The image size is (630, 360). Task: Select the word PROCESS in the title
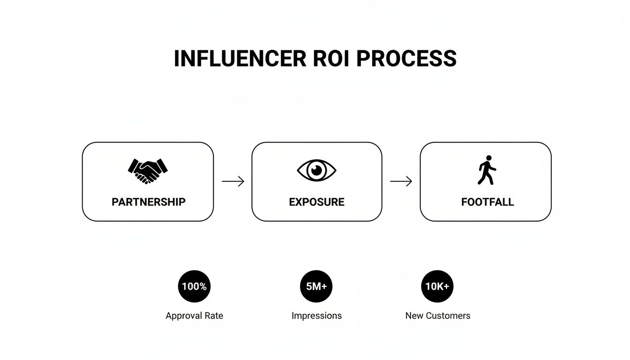[x=406, y=59]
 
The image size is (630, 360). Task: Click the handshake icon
[x=148, y=171]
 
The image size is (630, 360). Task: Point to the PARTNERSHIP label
[x=148, y=202]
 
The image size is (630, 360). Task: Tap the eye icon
[x=317, y=170]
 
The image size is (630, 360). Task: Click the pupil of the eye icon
[x=317, y=170]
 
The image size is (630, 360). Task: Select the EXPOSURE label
[x=316, y=202]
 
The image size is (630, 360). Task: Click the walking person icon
[x=487, y=170]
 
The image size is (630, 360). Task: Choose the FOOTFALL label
[x=487, y=202]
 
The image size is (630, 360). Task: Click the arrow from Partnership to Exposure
[x=233, y=181]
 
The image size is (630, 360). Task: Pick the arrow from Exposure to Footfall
[x=401, y=181]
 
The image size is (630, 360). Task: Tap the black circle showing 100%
[x=194, y=286]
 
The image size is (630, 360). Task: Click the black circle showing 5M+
[x=316, y=286]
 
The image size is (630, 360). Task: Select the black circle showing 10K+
[x=437, y=286]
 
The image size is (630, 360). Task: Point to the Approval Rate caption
[x=194, y=315]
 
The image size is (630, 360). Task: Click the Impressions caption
[x=316, y=315]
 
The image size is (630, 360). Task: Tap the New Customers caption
[x=437, y=315]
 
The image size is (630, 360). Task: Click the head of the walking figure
[x=489, y=158]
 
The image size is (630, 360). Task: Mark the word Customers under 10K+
[x=449, y=315]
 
